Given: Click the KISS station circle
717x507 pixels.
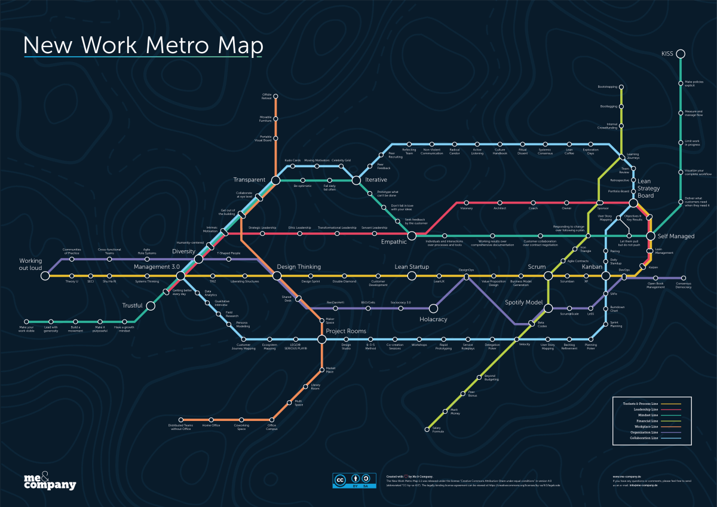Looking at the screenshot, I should coord(680,54).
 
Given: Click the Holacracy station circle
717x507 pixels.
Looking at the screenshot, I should coord(434,308).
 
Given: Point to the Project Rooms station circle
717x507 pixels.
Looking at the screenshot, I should coord(321,339).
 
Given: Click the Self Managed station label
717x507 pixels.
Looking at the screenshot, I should coord(676,236).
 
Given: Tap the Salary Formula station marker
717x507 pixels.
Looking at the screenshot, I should coord(428,428).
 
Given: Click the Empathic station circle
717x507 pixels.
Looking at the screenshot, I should coord(412,236).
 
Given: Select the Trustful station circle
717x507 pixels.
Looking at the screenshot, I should coord(151,306).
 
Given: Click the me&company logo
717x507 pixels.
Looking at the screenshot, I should coord(50,481).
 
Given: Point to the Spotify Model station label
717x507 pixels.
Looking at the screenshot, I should coord(523,303).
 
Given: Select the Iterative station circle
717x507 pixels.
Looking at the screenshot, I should coord(356,180).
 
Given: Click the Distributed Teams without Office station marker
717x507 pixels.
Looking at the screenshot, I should coord(180,419).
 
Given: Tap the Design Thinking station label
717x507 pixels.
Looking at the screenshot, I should coord(299,266).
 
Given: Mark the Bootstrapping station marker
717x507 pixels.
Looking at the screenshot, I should coord(622,87).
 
